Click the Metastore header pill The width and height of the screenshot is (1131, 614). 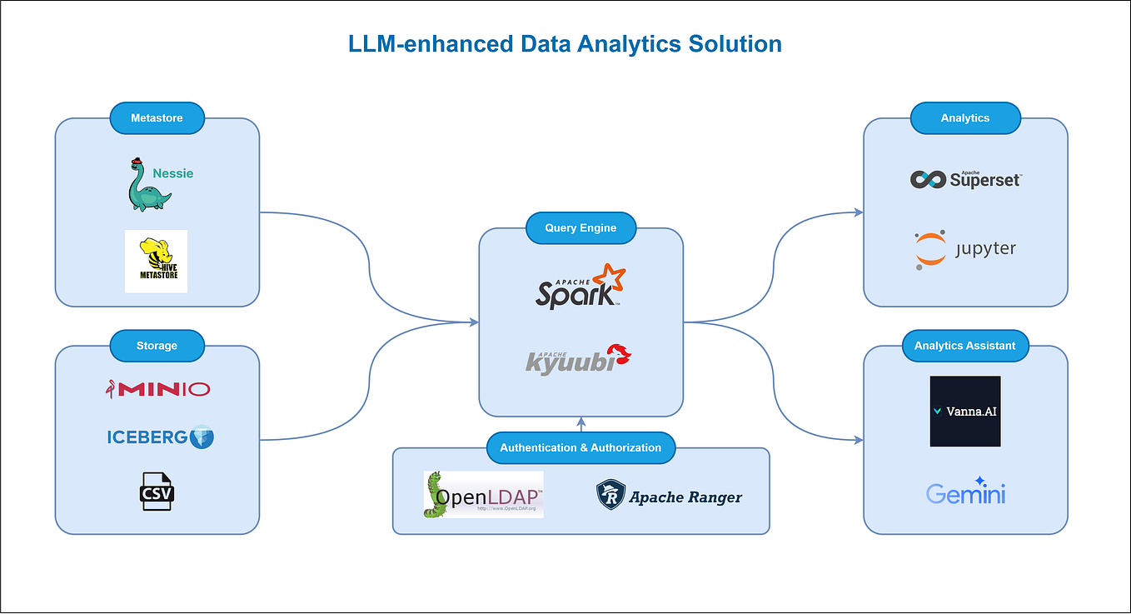[157, 118]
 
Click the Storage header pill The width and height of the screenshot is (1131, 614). [157, 346]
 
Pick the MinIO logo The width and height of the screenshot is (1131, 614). [157, 388]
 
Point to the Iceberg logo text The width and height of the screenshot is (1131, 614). [147, 437]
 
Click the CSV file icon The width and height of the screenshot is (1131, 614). [157, 492]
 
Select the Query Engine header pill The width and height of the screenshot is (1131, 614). [580, 227]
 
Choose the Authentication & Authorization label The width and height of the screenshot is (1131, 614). [580, 447]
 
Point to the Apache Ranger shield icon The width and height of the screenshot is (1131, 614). [610, 496]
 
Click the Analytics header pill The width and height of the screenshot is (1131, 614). [964, 118]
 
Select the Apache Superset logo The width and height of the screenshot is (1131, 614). [965, 178]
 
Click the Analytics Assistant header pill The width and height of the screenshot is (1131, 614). [964, 346]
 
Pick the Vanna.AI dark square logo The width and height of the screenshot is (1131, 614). [964, 411]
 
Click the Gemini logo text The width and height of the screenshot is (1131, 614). [965, 493]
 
